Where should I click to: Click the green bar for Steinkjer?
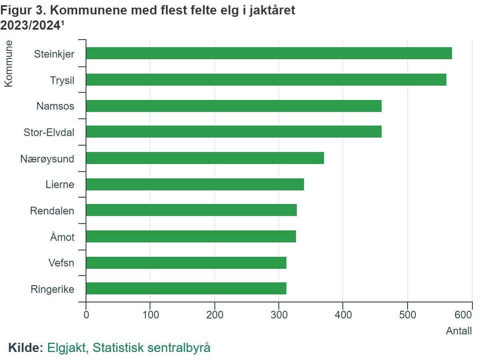click(x=269, y=53)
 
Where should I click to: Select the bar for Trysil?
click(x=266, y=80)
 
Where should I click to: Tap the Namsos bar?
click(x=234, y=106)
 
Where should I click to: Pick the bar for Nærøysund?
click(x=205, y=158)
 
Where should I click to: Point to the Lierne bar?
click(x=195, y=184)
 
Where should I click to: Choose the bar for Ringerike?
click(x=186, y=288)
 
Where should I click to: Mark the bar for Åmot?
click(x=191, y=236)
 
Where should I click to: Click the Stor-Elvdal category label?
click(x=49, y=132)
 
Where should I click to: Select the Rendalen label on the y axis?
click(x=52, y=210)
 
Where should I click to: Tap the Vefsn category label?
click(x=61, y=263)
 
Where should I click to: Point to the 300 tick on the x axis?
click(x=279, y=314)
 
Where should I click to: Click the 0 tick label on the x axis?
click(x=86, y=314)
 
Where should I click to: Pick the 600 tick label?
click(x=464, y=314)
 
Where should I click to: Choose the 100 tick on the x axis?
click(x=150, y=314)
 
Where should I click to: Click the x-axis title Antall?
click(x=458, y=331)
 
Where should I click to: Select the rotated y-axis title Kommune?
click(x=8, y=63)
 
